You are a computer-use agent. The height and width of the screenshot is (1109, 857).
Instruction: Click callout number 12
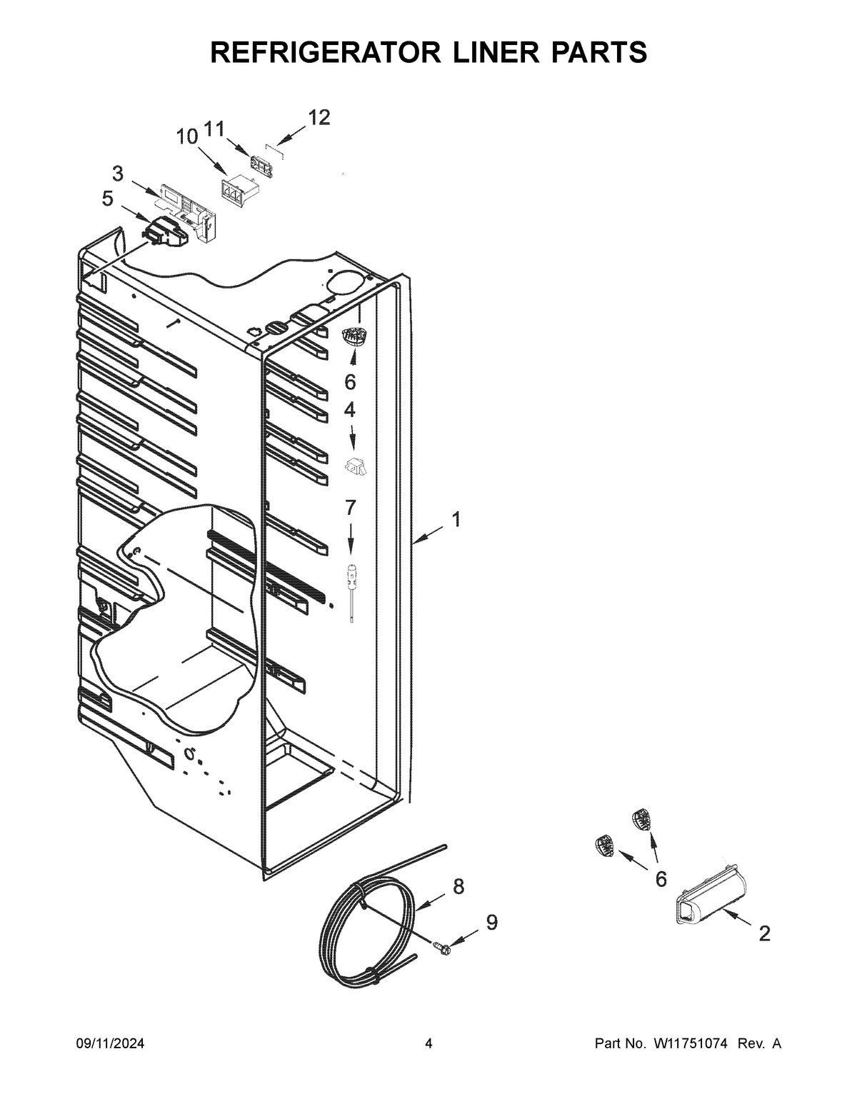coord(319,118)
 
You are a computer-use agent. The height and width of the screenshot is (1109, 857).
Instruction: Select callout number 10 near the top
coord(187,136)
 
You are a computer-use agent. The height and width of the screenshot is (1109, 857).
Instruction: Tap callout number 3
coord(117,173)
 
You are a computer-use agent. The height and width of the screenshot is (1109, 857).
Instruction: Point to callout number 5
coord(107,199)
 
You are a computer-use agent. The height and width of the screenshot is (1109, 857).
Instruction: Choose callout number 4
coord(350,410)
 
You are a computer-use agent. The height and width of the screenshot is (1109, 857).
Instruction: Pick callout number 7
coord(350,508)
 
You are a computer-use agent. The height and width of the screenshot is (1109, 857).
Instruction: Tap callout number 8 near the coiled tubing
coord(458,886)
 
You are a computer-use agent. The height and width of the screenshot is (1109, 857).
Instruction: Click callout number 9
coord(491,923)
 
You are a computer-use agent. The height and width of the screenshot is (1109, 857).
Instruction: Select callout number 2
coord(764,933)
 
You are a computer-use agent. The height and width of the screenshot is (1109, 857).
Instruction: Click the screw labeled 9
coord(441,948)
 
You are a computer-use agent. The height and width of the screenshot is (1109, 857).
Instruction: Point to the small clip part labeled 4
coord(355,466)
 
